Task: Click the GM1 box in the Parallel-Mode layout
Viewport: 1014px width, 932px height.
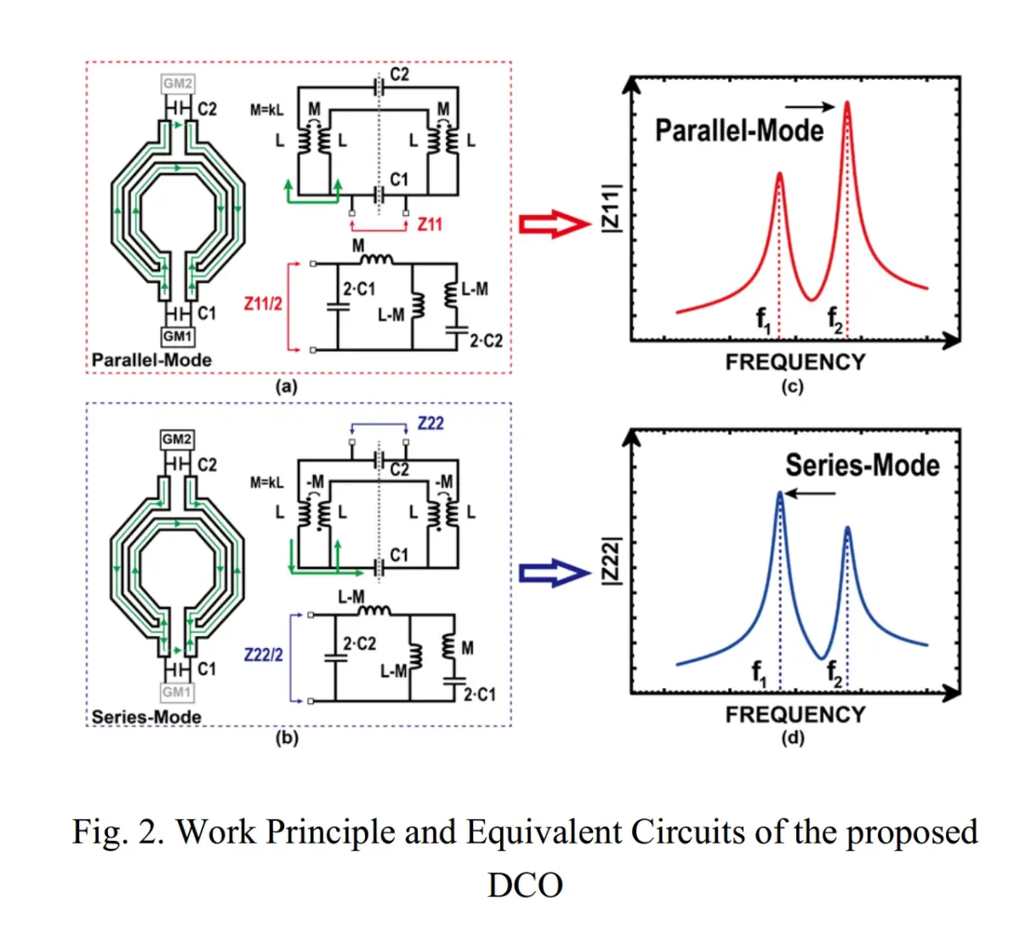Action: [178, 337]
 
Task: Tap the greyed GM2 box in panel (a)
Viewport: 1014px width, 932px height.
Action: [178, 83]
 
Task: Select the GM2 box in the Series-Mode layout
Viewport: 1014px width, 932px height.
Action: [177, 439]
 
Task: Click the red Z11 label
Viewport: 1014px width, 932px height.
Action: [430, 224]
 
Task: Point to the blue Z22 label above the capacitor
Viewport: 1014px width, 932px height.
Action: [430, 423]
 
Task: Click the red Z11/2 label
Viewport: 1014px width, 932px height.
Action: [263, 303]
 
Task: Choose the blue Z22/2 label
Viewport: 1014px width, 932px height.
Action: [263, 655]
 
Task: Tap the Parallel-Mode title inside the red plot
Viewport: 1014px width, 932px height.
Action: [738, 130]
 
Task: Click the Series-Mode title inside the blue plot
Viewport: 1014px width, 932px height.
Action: [862, 465]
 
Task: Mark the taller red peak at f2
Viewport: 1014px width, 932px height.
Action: [847, 105]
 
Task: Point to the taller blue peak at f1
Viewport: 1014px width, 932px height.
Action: [779, 494]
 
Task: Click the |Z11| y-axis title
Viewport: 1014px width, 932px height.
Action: [611, 207]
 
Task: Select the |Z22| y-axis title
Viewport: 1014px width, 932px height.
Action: [611, 561]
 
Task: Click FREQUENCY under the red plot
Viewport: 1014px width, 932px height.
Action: [795, 362]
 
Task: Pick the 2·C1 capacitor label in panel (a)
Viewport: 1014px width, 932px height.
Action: [359, 289]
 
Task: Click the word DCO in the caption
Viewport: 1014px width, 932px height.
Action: [525, 885]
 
